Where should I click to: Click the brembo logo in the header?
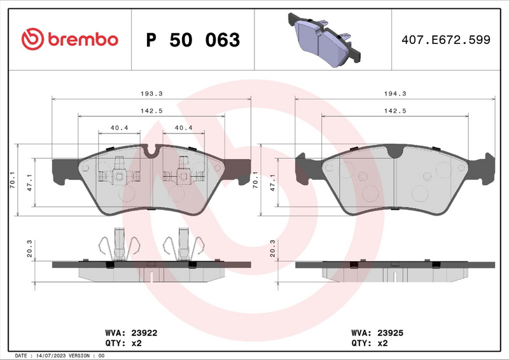pos(70,39)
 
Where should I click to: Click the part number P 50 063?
pos(193,40)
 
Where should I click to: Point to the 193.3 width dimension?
pos(150,93)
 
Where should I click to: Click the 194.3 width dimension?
pos(395,93)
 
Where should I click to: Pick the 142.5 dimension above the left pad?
pos(150,110)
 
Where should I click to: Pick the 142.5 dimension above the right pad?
pos(395,110)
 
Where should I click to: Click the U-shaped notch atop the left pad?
pos(151,151)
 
